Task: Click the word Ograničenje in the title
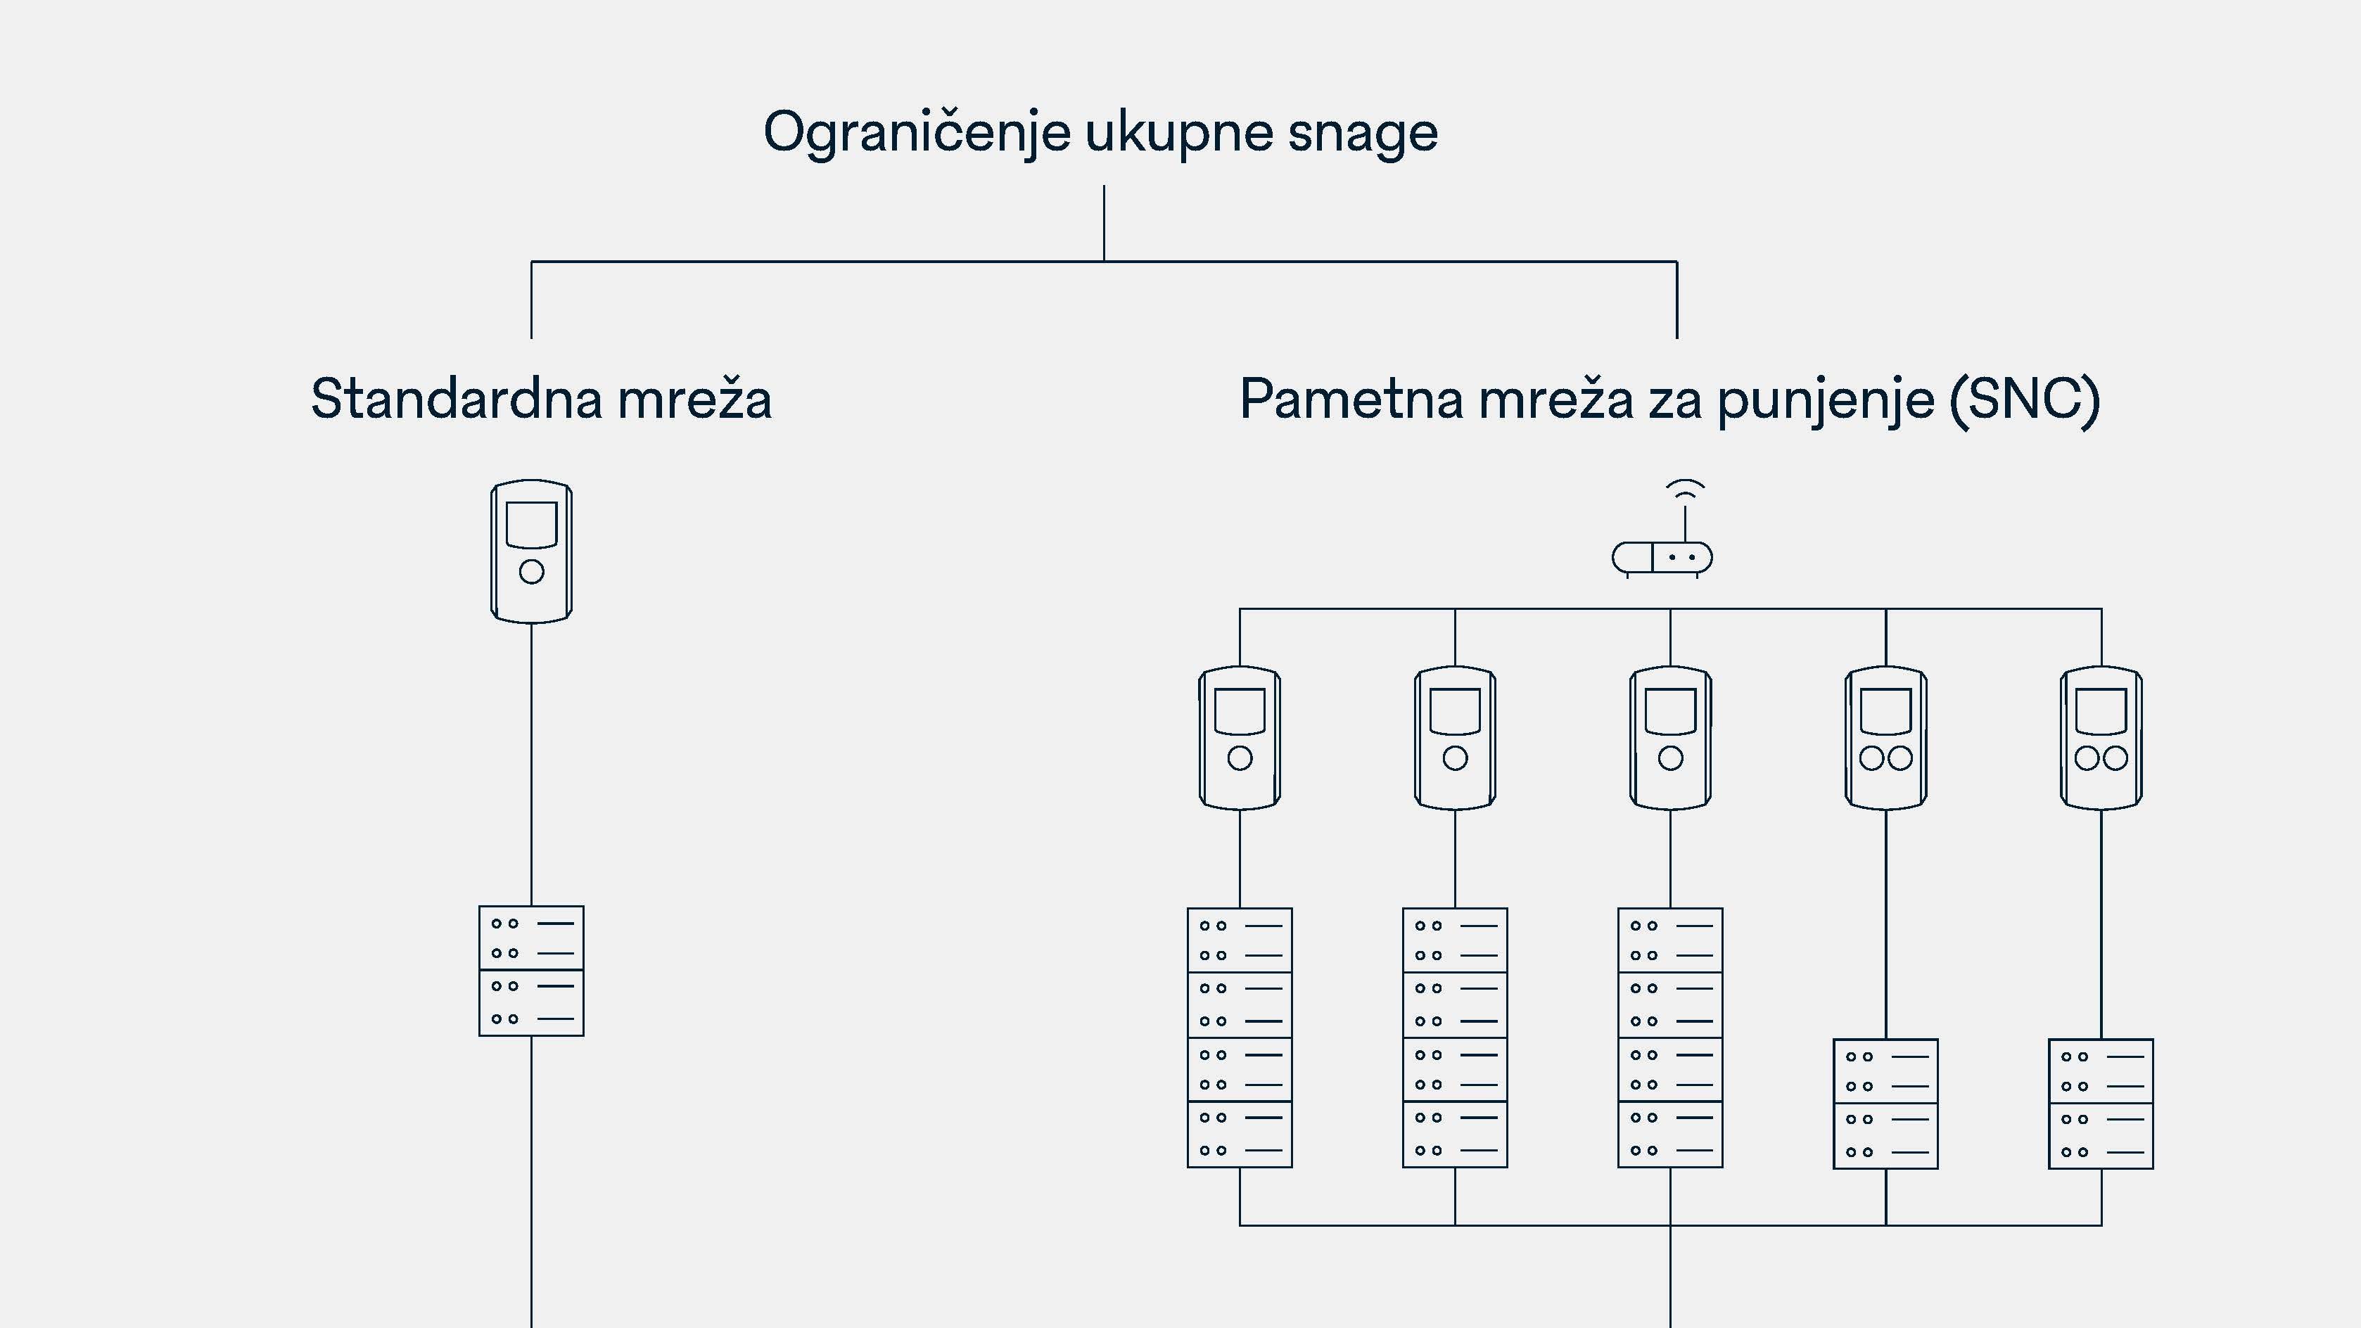tap(917, 133)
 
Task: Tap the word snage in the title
tap(1362, 133)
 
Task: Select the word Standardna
tap(455, 399)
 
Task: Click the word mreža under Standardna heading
tap(695, 399)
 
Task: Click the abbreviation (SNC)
tap(2024, 399)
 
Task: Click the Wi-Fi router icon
tap(1662, 557)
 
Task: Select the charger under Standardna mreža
tap(532, 551)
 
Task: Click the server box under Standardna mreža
tap(532, 971)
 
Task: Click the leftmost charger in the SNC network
tap(1239, 738)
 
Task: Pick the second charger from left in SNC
tap(1455, 738)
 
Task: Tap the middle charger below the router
tap(1670, 738)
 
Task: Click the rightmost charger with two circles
tap(2101, 738)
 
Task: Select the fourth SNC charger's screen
tap(1885, 711)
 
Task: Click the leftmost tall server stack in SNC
tap(1239, 1037)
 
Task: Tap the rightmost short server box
tap(2101, 1104)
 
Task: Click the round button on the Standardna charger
tap(532, 572)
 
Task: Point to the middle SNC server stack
tap(1670, 1037)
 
